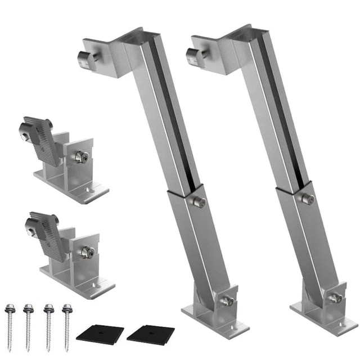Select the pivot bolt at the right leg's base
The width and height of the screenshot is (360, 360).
coord(335,298)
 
